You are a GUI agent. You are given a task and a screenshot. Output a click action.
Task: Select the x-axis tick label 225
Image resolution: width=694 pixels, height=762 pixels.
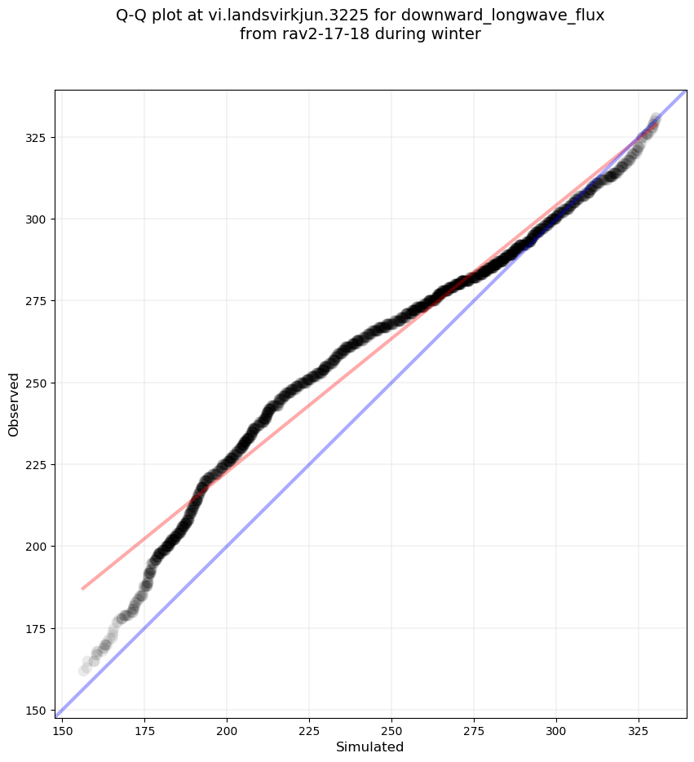(x=309, y=729)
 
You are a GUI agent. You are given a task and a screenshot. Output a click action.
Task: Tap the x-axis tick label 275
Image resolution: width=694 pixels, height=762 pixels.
(x=474, y=729)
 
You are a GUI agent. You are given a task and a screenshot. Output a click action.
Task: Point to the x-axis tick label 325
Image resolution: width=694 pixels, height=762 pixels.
(x=639, y=729)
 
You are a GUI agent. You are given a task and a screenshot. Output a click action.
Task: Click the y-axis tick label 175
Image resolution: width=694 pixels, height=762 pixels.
(x=38, y=628)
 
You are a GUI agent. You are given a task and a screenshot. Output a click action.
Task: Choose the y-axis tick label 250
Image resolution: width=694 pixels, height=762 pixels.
(x=38, y=383)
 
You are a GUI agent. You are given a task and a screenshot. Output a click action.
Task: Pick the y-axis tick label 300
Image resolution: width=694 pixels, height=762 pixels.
(x=38, y=219)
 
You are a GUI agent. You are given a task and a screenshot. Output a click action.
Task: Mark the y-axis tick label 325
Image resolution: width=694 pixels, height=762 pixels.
(x=38, y=137)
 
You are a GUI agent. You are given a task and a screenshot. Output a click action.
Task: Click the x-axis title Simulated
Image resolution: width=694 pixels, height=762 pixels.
(x=370, y=746)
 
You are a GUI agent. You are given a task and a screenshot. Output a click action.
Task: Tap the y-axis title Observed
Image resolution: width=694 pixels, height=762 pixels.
(x=14, y=405)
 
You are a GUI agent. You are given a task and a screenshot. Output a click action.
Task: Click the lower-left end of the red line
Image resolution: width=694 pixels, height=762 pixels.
(x=82, y=588)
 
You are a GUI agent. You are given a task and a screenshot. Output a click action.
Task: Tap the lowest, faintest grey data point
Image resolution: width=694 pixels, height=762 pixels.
(x=84, y=671)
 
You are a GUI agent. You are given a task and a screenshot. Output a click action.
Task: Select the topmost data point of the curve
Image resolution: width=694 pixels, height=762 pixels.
(x=656, y=119)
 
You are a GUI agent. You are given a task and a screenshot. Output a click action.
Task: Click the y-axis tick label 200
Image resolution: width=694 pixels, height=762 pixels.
(x=38, y=546)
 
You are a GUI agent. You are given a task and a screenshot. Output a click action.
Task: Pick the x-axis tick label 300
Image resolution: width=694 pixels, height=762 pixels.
(x=556, y=729)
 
